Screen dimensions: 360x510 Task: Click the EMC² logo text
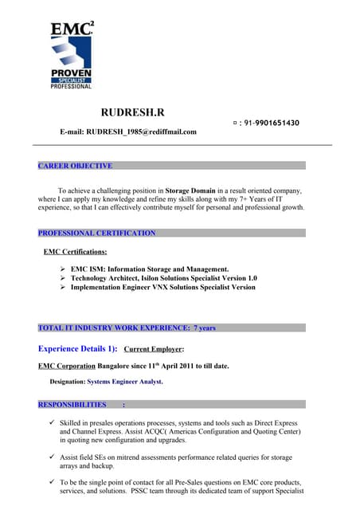coord(71,31)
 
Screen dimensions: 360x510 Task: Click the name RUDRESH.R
coord(133,112)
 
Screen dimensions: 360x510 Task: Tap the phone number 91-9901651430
coord(270,123)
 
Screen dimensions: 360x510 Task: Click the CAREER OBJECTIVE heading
coord(75,166)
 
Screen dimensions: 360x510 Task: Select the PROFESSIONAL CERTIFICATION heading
coord(96,233)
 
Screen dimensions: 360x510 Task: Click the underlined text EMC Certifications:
coord(76,252)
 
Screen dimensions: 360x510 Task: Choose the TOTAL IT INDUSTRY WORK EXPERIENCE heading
coord(127,328)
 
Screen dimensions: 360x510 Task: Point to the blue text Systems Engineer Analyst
coord(125,382)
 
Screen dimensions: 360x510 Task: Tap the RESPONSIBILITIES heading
coord(72,404)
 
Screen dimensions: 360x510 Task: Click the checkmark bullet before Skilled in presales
coord(51,422)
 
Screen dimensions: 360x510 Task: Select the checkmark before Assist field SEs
coord(51,457)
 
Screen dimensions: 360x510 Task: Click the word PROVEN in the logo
coord(72,74)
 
